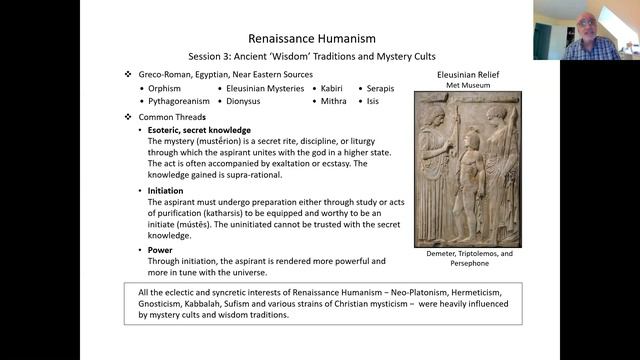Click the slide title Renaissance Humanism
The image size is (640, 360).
[319, 38]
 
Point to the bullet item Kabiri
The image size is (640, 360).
[334, 88]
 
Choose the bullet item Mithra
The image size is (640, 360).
[335, 101]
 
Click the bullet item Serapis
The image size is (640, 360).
[382, 88]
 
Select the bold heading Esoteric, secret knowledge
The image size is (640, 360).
[198, 131]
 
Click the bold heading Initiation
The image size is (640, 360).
[165, 190]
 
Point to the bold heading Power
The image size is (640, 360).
[160, 250]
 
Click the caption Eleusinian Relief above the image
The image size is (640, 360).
[467, 74]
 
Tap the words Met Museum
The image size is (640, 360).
[467, 85]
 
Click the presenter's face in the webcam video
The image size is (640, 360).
[587, 24]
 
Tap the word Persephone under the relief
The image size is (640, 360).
[467, 264]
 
